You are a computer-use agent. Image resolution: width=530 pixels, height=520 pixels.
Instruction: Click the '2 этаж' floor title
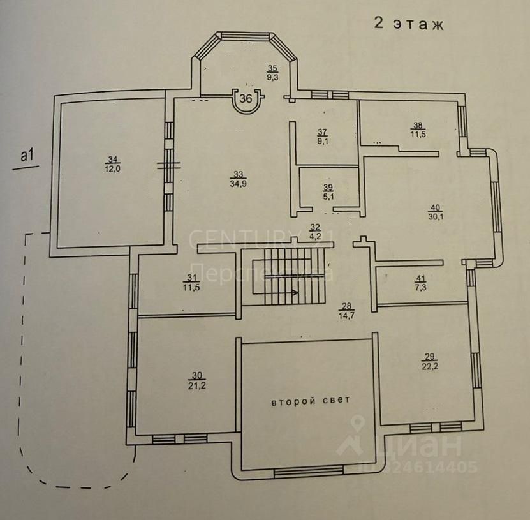click(x=408, y=25)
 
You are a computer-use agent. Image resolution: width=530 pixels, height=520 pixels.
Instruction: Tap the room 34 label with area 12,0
click(x=112, y=163)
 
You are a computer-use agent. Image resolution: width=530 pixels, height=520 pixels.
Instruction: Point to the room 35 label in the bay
click(x=272, y=73)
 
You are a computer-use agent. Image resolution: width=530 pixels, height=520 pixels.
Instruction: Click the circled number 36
click(x=246, y=99)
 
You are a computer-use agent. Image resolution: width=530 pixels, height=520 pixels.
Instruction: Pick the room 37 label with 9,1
click(x=323, y=136)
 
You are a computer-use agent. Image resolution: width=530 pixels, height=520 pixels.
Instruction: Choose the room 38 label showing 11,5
click(x=418, y=130)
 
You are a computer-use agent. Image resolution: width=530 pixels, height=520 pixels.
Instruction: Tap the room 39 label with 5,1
click(x=328, y=191)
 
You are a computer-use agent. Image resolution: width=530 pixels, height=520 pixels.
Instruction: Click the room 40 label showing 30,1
click(x=436, y=211)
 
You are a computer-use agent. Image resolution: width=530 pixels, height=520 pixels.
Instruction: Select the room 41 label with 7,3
click(x=419, y=283)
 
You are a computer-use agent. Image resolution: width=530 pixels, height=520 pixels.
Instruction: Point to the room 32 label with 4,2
click(x=314, y=230)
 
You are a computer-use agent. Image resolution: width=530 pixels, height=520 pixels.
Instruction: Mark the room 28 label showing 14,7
click(x=347, y=311)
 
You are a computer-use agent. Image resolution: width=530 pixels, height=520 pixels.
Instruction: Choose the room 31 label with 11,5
click(x=189, y=281)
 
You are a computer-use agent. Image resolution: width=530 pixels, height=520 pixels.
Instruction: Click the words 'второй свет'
click(x=311, y=402)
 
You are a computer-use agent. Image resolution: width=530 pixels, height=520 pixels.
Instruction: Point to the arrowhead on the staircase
click(x=295, y=293)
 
